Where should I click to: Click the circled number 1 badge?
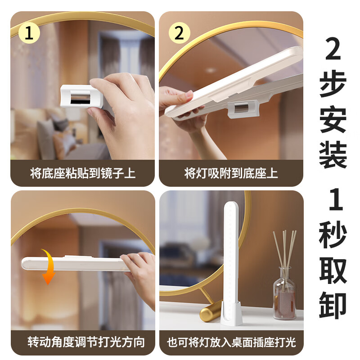(x=29, y=32)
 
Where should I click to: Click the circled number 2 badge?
(x=179, y=33)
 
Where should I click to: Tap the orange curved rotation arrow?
(x=49, y=266)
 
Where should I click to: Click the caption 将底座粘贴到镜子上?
(x=83, y=173)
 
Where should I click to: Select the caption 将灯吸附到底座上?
(x=231, y=173)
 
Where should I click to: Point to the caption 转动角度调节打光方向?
(x=86, y=342)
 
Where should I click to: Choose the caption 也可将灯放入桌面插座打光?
(x=231, y=342)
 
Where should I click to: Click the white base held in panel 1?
(x=81, y=96)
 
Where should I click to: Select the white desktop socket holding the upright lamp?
(x=231, y=313)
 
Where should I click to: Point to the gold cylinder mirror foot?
(x=210, y=310)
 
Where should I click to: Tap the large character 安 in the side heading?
(x=333, y=119)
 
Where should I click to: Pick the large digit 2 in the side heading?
(x=333, y=49)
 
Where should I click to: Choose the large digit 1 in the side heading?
(x=336, y=199)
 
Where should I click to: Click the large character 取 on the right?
(x=333, y=270)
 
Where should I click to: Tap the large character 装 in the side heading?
(x=333, y=154)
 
